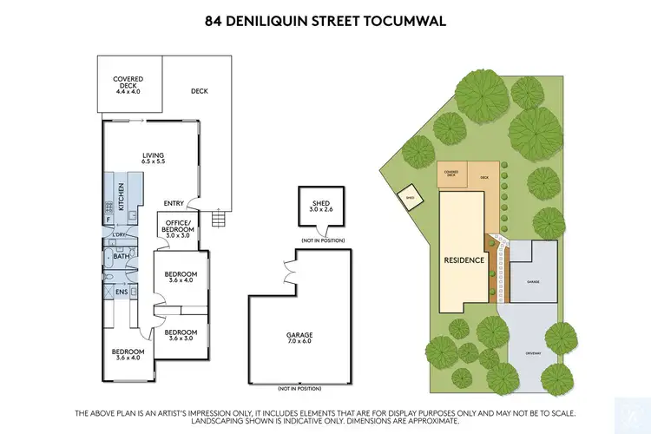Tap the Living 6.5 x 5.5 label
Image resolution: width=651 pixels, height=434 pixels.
click(x=154, y=158)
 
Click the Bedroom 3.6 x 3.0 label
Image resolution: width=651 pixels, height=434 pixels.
click(x=181, y=336)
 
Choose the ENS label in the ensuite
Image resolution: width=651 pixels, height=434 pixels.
click(x=122, y=293)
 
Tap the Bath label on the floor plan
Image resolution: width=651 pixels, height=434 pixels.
click(x=122, y=257)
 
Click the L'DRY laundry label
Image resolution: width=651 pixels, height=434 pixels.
click(x=120, y=236)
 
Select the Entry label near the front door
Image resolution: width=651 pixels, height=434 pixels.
click(x=173, y=204)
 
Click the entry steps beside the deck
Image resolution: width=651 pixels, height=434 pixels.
click(x=217, y=219)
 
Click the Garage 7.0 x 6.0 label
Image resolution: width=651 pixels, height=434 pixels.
click(x=300, y=339)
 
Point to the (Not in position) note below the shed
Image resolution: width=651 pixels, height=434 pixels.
click(x=322, y=240)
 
